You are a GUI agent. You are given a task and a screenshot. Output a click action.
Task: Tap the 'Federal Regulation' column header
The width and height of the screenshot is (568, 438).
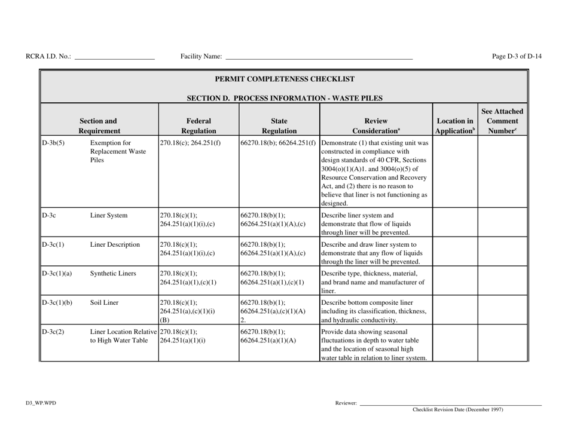(x=198, y=124)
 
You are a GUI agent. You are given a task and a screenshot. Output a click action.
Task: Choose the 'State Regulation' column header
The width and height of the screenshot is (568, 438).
(x=279, y=124)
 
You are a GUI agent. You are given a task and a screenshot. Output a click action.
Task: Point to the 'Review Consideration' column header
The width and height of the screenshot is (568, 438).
(x=375, y=124)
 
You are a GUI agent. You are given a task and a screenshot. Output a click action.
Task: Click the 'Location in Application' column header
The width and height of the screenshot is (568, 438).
(x=454, y=124)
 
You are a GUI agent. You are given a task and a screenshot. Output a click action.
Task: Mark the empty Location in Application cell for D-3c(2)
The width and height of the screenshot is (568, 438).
(x=454, y=343)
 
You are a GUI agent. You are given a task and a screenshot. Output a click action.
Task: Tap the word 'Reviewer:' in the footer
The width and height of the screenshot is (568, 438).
(x=346, y=405)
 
